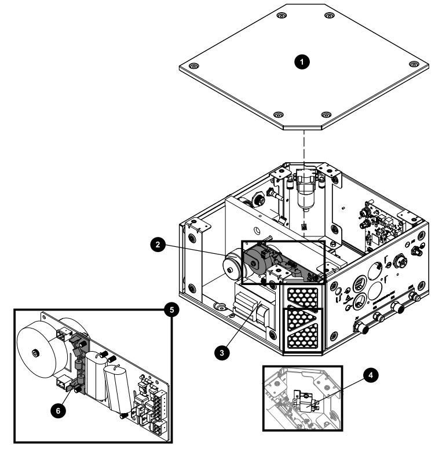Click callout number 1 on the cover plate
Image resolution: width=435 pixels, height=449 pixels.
(302, 62)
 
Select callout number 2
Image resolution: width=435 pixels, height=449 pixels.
(158, 244)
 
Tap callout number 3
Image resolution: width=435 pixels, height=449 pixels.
(222, 352)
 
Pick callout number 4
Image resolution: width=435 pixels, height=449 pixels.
(371, 375)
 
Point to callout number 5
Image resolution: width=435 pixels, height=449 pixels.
(171, 310)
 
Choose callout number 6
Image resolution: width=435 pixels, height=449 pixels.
(58, 411)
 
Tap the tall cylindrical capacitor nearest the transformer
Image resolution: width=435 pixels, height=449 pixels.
(96, 375)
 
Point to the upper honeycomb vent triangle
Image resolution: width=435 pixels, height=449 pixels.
(303, 295)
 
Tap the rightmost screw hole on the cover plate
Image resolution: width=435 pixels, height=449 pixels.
(414, 64)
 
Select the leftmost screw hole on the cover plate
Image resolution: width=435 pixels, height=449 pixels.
(194, 67)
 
